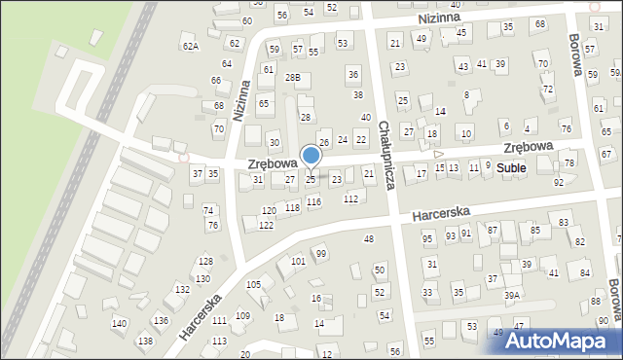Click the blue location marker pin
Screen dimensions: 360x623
point(311,156)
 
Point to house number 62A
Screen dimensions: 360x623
point(190,46)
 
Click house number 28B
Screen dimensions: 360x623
point(292,77)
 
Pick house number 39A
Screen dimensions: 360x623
point(512,294)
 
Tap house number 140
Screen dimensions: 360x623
point(119,323)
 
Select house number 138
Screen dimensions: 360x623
point(145,341)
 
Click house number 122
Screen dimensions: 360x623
point(266,225)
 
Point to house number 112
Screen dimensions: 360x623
point(350,198)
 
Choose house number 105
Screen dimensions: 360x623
point(253,284)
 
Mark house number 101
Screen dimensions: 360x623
point(298,262)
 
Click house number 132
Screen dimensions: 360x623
point(182,290)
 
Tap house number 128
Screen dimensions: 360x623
point(205,261)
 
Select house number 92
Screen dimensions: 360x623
point(558,182)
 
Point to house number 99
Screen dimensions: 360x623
point(321,253)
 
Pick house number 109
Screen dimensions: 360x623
point(242,315)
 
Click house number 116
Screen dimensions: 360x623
point(313,201)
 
